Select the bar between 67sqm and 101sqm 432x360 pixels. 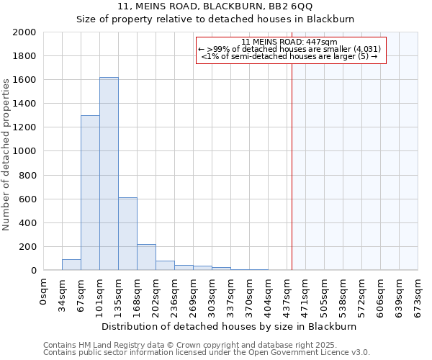pyautogui.click(x=90, y=193)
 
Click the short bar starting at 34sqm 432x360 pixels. pyautogui.click(x=71, y=265)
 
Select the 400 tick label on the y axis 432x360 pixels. pyautogui.click(x=27, y=223)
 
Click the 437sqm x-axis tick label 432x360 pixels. pyautogui.click(x=287, y=296)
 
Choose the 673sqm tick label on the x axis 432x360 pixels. pyautogui.click(x=418, y=296)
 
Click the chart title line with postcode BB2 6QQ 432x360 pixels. pyautogui.click(x=215, y=6)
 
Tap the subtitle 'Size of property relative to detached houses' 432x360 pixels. pyautogui.click(x=215, y=19)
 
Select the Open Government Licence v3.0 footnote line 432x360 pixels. pyautogui.click(x=206, y=353)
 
